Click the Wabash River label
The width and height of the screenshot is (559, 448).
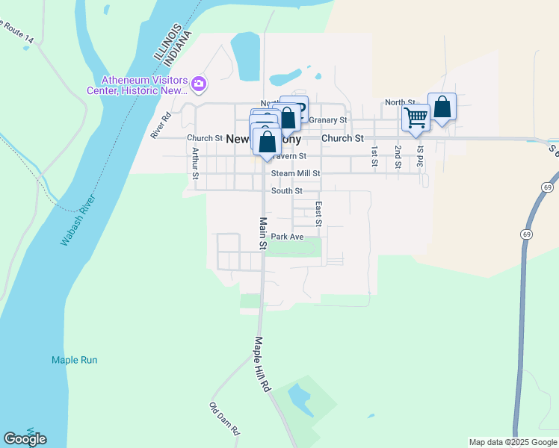point(78,222)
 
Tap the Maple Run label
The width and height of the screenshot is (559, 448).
point(75,360)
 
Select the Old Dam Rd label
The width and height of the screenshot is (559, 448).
point(224,419)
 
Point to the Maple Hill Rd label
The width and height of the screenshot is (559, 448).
point(261,364)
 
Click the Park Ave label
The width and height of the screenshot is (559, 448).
point(287,237)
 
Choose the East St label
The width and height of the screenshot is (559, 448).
point(318,214)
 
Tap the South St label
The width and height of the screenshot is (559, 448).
point(286,191)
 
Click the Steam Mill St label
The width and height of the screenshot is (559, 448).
point(295,173)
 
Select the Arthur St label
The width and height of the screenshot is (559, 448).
point(195,163)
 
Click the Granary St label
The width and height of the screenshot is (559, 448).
point(328,120)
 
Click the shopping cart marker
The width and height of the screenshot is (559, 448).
point(416,116)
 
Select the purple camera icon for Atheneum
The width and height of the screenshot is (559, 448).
point(199,84)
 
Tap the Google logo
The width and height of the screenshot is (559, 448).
point(25,439)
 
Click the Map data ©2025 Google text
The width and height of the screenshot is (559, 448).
point(513,442)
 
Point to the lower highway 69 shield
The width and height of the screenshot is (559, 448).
point(527,234)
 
